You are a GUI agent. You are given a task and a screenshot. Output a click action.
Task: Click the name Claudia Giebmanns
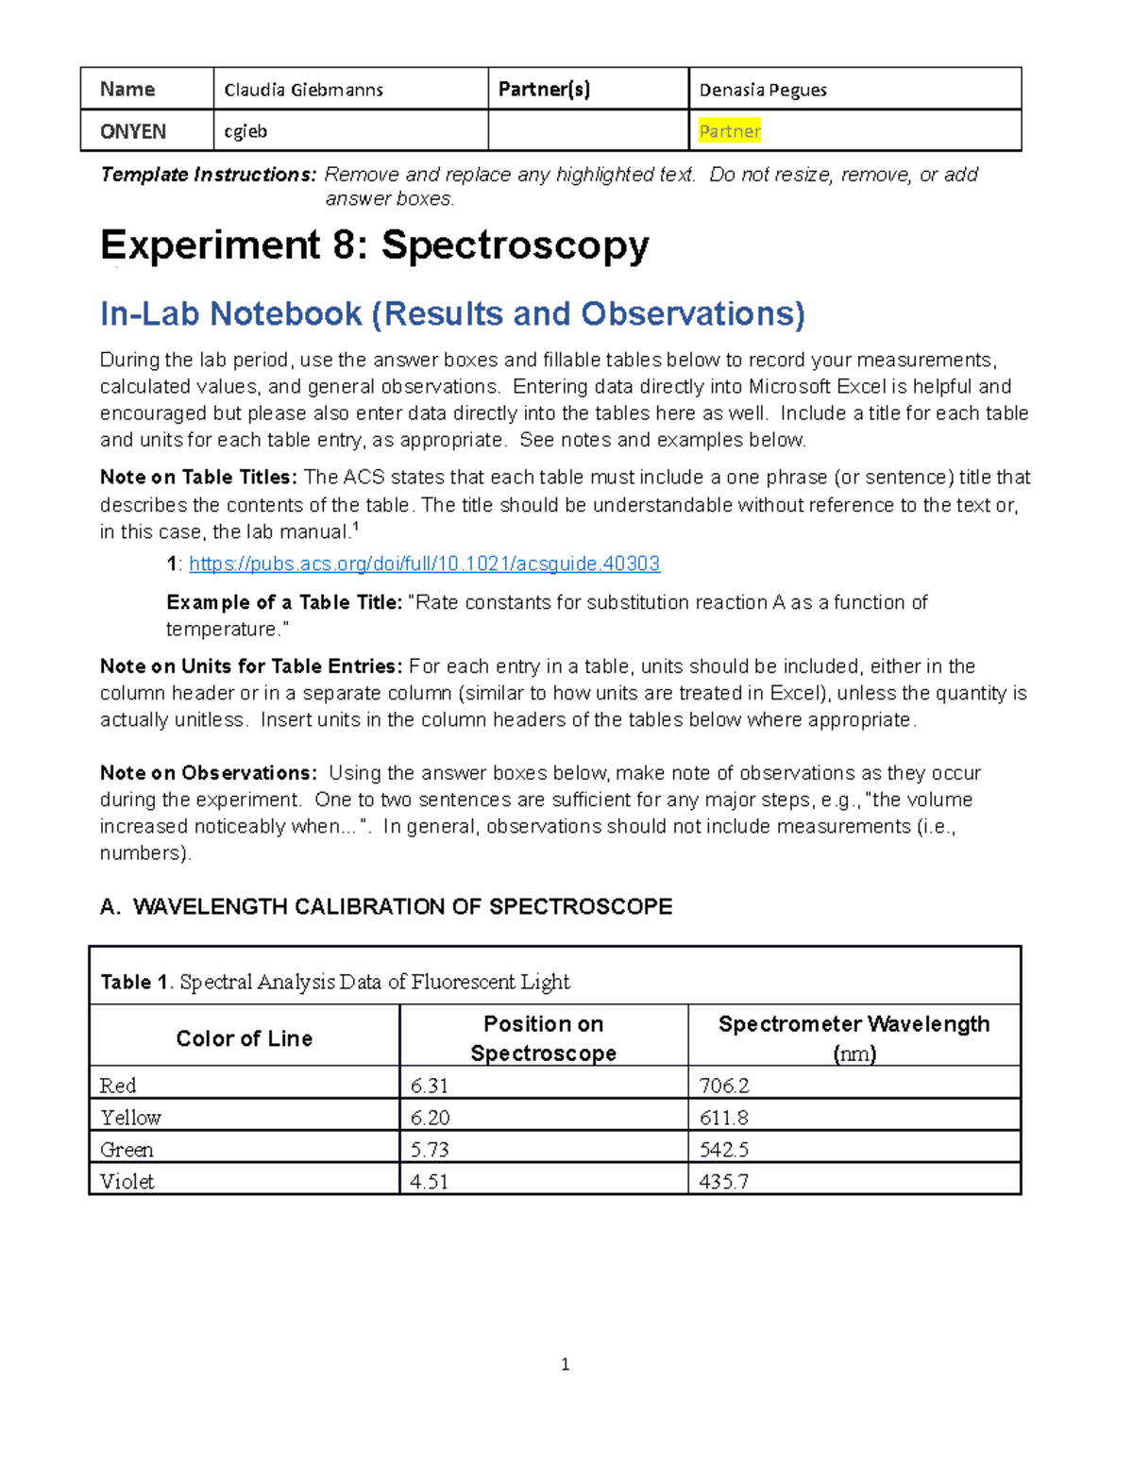tap(303, 90)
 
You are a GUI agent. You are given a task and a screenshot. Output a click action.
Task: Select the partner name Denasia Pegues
tap(763, 90)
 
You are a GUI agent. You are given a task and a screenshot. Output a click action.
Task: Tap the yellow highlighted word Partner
tap(729, 131)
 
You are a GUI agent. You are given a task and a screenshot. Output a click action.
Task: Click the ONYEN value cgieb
tap(245, 131)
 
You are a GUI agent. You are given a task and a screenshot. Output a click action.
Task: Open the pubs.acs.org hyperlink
tap(424, 564)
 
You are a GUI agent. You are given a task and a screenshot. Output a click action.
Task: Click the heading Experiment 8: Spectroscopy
tap(374, 245)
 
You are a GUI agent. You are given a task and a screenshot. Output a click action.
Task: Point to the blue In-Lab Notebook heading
tap(452, 313)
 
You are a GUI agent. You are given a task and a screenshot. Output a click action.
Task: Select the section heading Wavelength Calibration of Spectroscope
tap(386, 906)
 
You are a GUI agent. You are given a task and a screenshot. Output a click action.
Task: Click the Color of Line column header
tap(244, 1038)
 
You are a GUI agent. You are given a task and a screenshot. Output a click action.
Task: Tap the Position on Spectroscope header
tap(543, 1038)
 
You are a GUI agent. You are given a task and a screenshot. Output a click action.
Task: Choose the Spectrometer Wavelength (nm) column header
tap(854, 1038)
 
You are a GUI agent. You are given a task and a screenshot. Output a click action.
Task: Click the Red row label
tap(118, 1086)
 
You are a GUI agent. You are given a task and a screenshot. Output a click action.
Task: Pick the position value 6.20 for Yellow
tap(430, 1118)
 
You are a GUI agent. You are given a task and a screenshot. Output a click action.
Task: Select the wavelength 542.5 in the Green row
tap(723, 1150)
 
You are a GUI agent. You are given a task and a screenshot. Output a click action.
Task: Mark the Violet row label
tap(127, 1181)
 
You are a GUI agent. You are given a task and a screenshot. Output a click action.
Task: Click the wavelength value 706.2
tap(723, 1086)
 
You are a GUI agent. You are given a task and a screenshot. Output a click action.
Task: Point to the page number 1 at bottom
tap(565, 1364)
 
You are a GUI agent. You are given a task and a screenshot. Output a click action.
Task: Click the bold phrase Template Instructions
tap(208, 175)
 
